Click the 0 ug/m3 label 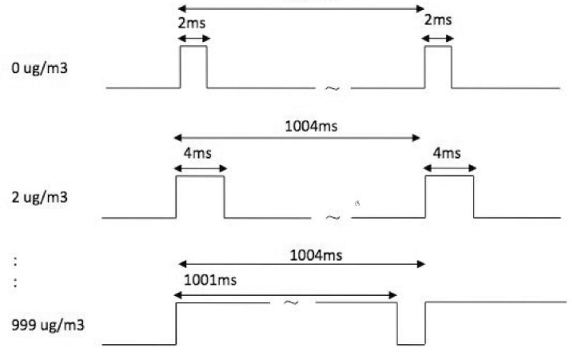pyautogui.click(x=40, y=68)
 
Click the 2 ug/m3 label pyautogui.click(x=40, y=198)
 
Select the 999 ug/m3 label pyautogui.click(x=48, y=325)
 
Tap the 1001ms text pyautogui.click(x=210, y=280)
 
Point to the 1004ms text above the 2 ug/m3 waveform pyautogui.click(x=311, y=126)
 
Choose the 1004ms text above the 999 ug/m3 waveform pyautogui.click(x=316, y=255)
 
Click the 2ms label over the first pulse pyautogui.click(x=192, y=23)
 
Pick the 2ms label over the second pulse pyautogui.click(x=438, y=20)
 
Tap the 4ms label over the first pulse pyautogui.click(x=198, y=153)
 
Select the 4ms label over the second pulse pyautogui.click(x=447, y=153)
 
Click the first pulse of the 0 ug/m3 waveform pyautogui.click(x=194, y=67)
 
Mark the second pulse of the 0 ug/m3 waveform pyautogui.click(x=438, y=67)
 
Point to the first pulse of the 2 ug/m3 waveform pyautogui.click(x=201, y=197)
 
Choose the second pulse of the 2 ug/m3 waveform pyautogui.click(x=449, y=197)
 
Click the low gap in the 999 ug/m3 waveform pyautogui.click(x=411, y=323)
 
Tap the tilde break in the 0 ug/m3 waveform pyautogui.click(x=333, y=88)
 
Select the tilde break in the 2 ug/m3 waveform pyautogui.click(x=333, y=217)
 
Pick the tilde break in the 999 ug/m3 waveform pyautogui.click(x=291, y=302)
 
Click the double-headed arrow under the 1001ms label pyautogui.click(x=285, y=295)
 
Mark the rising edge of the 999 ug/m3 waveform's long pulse pyautogui.click(x=176, y=323)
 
